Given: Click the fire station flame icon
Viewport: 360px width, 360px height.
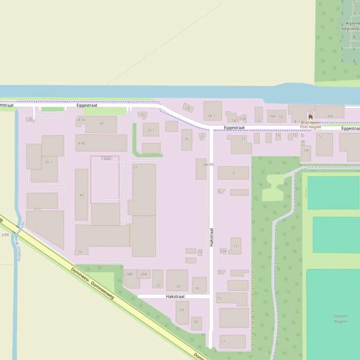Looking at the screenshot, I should pos(310,116).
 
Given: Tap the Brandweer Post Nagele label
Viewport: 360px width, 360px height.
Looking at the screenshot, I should pos(310,124).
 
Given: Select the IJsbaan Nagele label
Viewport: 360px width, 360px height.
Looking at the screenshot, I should pos(340,319).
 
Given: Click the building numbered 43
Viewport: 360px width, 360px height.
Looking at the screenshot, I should pos(81,195).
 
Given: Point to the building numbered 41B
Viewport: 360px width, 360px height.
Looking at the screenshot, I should pos(101,143).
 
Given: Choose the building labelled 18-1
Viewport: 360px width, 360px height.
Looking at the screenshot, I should pos(213,111).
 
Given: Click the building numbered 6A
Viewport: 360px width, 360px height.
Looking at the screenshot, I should pos(330,112).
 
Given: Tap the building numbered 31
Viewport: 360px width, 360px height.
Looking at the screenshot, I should pos(187,139).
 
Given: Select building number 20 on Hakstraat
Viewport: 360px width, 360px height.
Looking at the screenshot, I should pos(177,281).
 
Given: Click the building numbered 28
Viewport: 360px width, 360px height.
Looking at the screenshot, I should pos(182,312).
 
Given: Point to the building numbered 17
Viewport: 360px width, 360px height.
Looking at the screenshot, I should pos(233,342).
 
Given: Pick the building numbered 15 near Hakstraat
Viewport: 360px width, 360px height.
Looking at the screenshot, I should pos(232,299).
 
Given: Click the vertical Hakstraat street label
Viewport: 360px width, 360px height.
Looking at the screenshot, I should pos(212,238).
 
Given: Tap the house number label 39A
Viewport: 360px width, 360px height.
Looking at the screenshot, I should pos(107,159).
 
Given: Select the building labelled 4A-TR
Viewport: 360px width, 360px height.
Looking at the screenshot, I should pos(201,169).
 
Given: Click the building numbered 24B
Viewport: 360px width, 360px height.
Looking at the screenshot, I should pos(131,279).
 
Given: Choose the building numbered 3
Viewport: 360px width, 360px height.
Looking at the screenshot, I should pos(233,173).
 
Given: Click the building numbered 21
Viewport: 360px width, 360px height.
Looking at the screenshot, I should pos(241,144).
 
